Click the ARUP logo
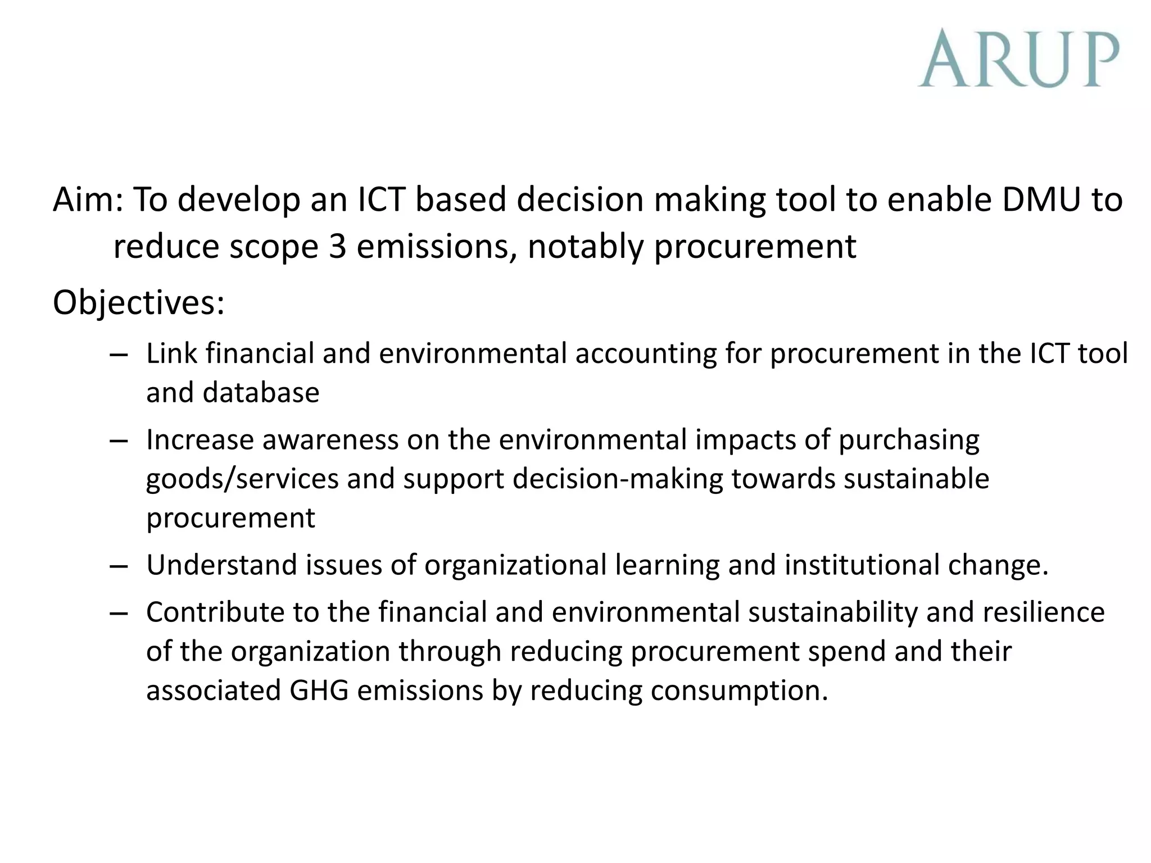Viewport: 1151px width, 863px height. click(1018, 58)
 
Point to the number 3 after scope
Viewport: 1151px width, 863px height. click(337, 246)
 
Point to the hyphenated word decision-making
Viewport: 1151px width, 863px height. click(618, 479)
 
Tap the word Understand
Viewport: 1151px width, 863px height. click(221, 565)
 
